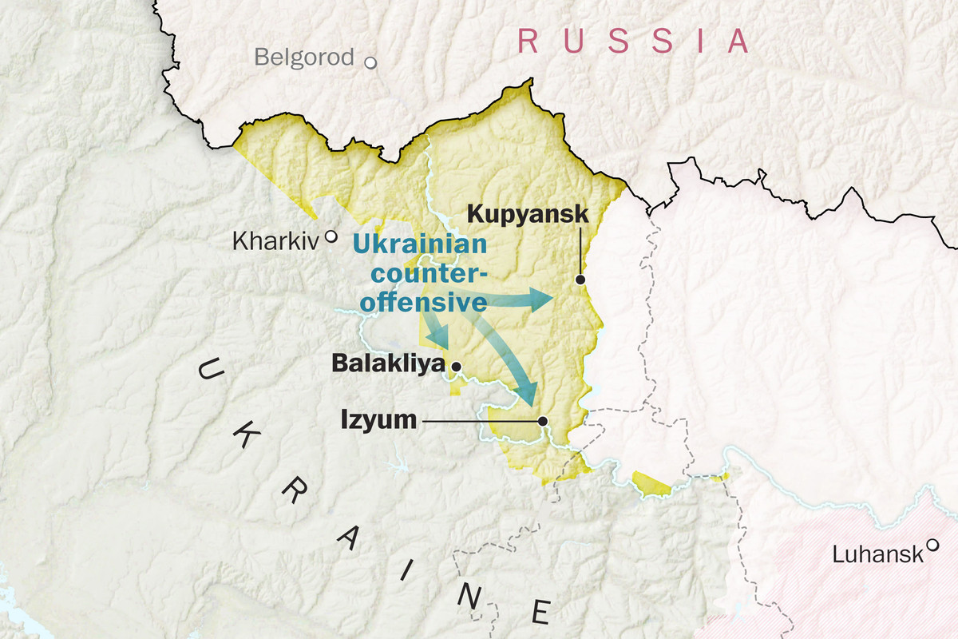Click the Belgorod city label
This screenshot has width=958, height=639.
(303, 58)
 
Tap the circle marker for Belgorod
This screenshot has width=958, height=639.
(370, 62)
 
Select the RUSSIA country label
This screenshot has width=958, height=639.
(634, 40)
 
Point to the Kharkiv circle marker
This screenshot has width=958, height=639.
(331, 237)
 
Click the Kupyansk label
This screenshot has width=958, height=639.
(528, 214)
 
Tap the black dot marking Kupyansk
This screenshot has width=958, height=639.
(580, 280)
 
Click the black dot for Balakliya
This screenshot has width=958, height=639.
(456, 367)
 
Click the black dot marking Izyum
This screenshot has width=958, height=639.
(543, 421)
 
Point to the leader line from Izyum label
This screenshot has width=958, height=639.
(479, 421)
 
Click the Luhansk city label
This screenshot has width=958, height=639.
(877, 554)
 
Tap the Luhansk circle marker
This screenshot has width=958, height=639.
(932, 546)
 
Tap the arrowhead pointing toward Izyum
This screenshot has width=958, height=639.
(527, 394)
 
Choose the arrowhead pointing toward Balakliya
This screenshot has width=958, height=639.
(438, 339)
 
